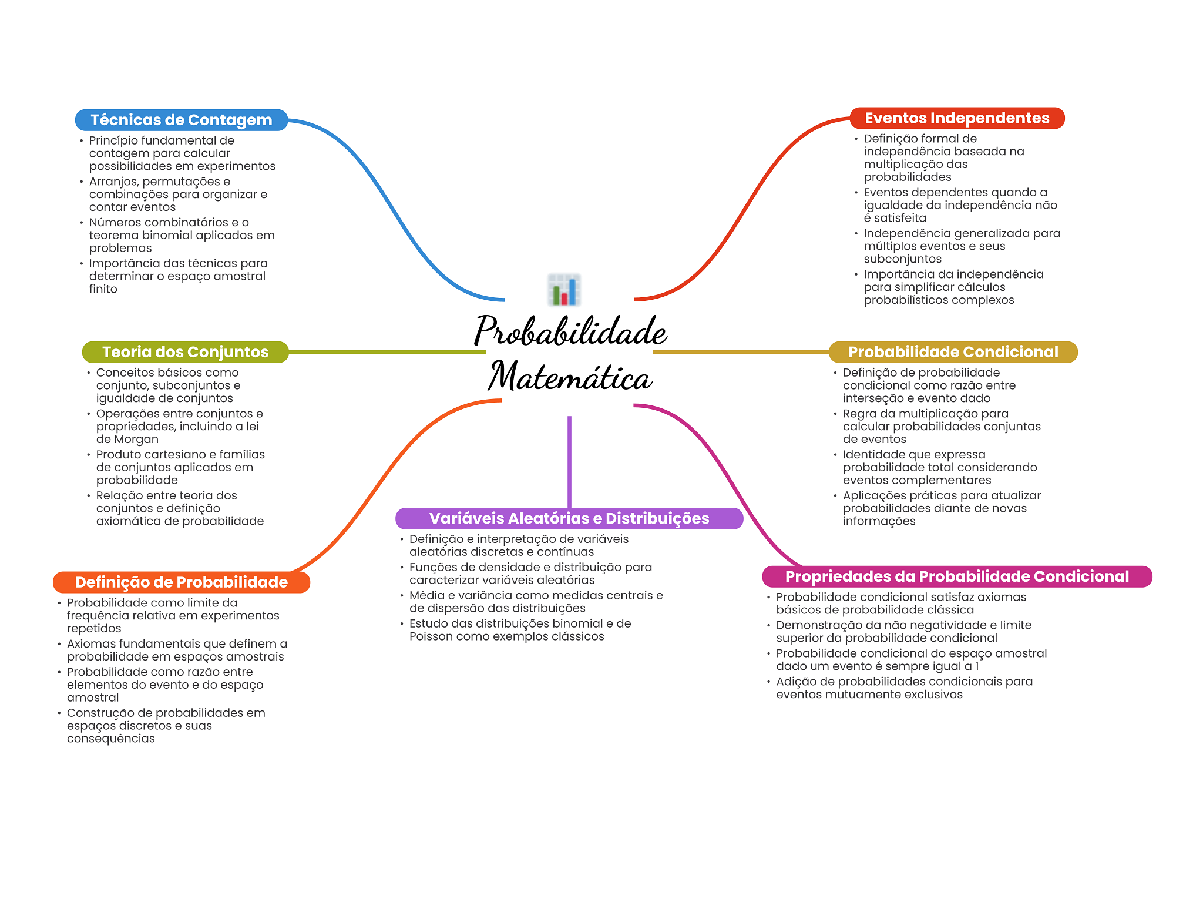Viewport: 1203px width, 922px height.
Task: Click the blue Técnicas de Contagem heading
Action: (182, 120)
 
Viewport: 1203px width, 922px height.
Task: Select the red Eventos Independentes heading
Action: (957, 118)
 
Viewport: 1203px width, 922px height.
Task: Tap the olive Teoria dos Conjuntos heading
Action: (186, 352)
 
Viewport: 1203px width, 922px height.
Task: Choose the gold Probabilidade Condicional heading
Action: (953, 352)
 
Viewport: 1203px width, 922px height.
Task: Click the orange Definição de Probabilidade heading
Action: (182, 582)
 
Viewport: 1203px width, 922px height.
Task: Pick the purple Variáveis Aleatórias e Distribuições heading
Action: (569, 518)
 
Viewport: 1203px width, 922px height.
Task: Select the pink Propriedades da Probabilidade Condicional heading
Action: (957, 576)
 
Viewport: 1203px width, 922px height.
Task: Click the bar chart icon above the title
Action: (564, 290)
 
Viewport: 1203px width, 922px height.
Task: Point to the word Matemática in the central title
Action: (570, 376)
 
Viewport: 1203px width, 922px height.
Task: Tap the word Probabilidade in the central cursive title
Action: (570, 330)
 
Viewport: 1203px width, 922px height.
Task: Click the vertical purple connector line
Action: (569, 462)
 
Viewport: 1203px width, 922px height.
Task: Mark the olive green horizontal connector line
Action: (388, 352)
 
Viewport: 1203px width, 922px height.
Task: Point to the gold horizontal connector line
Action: (741, 352)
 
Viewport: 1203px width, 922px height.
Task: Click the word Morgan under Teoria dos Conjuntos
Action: (136, 440)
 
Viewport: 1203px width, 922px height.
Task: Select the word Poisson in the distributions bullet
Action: (431, 636)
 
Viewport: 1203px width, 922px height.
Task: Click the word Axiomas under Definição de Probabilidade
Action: (91, 643)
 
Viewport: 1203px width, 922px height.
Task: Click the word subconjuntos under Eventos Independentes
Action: (903, 259)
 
